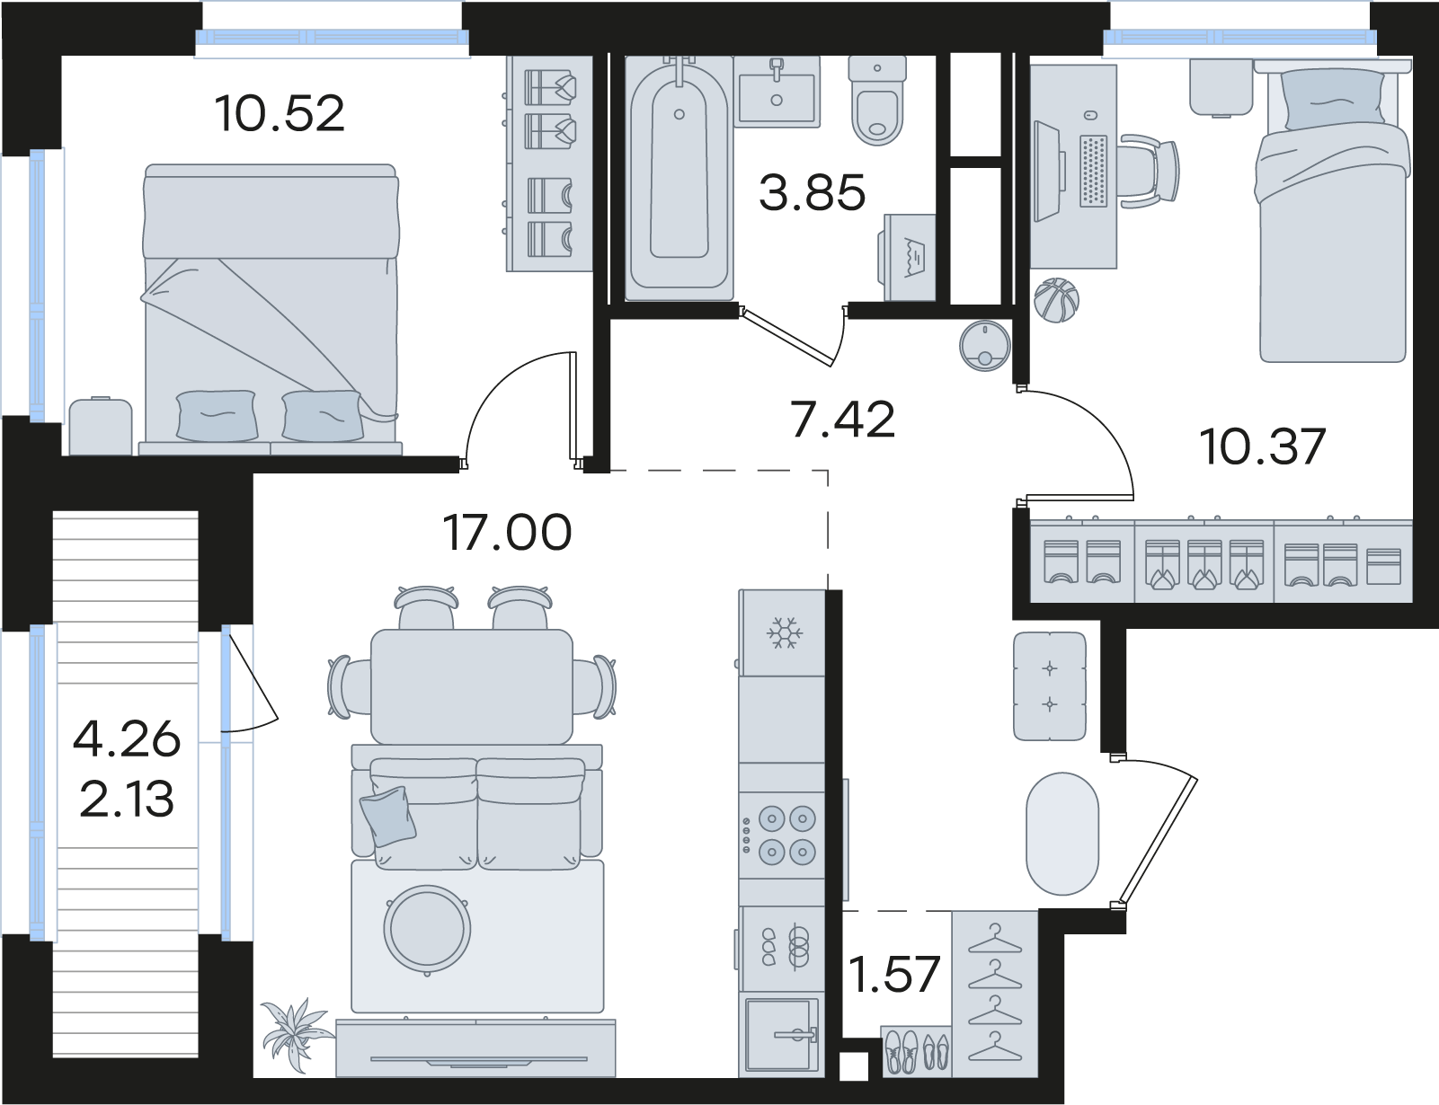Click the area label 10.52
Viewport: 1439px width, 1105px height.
(280, 113)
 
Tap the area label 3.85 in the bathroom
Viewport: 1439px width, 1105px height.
(812, 192)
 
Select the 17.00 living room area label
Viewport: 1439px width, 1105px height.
(507, 533)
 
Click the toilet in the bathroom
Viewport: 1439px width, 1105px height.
(877, 100)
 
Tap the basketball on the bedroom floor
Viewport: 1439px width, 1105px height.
(1056, 300)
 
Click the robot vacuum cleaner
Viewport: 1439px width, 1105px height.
(985, 345)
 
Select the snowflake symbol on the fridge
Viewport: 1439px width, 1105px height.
(785, 632)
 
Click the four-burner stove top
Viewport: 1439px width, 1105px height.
(781, 835)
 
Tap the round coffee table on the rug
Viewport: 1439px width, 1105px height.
(427, 929)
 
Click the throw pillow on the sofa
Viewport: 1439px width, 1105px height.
(388, 817)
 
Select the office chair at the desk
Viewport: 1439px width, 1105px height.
(1150, 171)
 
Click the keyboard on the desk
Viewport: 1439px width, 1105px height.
(1093, 171)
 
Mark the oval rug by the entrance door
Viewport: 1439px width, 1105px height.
(1062, 834)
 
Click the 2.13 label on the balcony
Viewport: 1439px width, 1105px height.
(127, 799)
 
